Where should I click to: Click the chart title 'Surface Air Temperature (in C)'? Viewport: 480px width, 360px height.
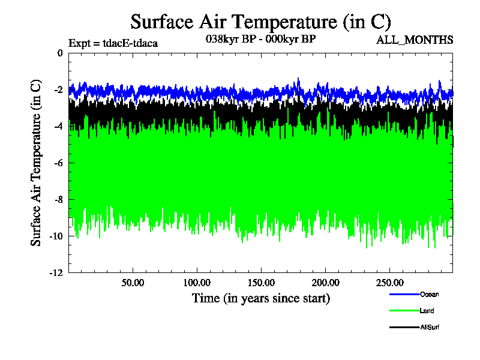261,22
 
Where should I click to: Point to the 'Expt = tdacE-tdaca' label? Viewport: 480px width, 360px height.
113,43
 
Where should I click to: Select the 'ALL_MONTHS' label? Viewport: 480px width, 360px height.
415,40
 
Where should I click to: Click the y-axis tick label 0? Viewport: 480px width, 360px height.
59,53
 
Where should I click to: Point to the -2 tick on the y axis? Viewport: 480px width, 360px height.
58,89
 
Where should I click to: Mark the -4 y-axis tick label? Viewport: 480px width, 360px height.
58,126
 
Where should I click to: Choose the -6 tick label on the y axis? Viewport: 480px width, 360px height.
58,163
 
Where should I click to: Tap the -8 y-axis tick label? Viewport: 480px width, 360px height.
58,199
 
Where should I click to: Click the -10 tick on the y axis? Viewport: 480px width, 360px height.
56,236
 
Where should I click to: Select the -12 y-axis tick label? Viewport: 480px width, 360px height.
56,272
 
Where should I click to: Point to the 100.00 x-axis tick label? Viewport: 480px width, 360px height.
197,281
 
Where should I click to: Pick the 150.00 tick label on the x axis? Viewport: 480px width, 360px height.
261,281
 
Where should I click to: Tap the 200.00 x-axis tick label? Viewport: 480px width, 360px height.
325,281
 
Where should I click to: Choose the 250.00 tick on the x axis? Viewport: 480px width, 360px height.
389,281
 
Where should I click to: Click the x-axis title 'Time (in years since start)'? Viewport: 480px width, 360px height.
261,298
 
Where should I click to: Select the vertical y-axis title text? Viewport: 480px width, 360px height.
37,163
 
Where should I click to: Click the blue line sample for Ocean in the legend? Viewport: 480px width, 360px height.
404,294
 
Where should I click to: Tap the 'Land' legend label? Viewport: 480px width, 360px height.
427,311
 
